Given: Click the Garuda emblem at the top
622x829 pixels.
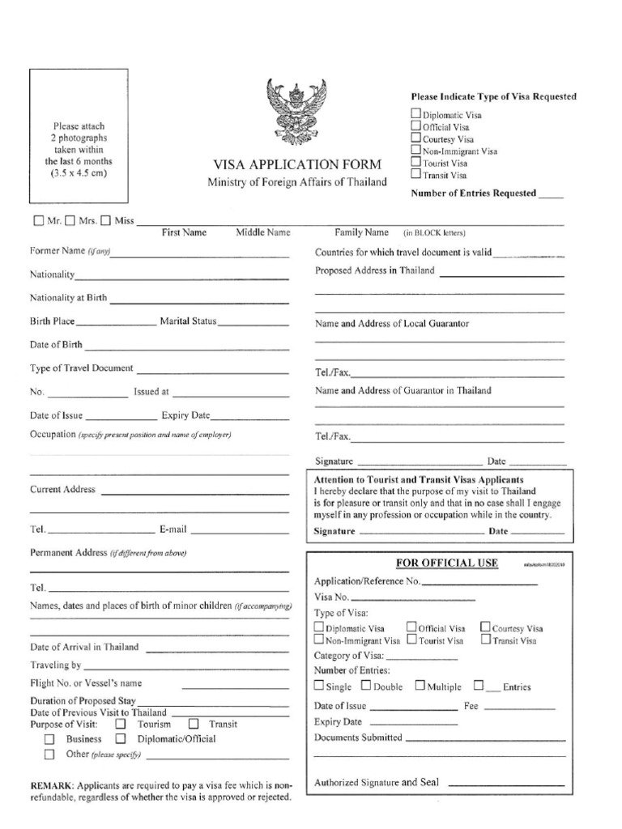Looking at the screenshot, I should point(298,110).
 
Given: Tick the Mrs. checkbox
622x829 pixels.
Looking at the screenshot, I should point(70,220).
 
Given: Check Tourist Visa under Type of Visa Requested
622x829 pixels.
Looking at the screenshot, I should point(415,161).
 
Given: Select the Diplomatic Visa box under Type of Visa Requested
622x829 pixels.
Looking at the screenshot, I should point(415,115).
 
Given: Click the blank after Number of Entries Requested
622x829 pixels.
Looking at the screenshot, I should point(551,195).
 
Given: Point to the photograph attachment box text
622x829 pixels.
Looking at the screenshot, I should point(79,150).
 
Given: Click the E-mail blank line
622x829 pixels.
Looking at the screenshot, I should point(239,533).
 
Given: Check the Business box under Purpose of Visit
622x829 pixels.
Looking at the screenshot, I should point(49,739).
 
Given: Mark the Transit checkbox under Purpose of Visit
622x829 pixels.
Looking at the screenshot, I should point(194,725).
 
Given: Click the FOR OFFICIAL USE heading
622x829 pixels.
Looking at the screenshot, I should point(446,563).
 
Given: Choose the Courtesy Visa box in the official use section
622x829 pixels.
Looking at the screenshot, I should point(485,627).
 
